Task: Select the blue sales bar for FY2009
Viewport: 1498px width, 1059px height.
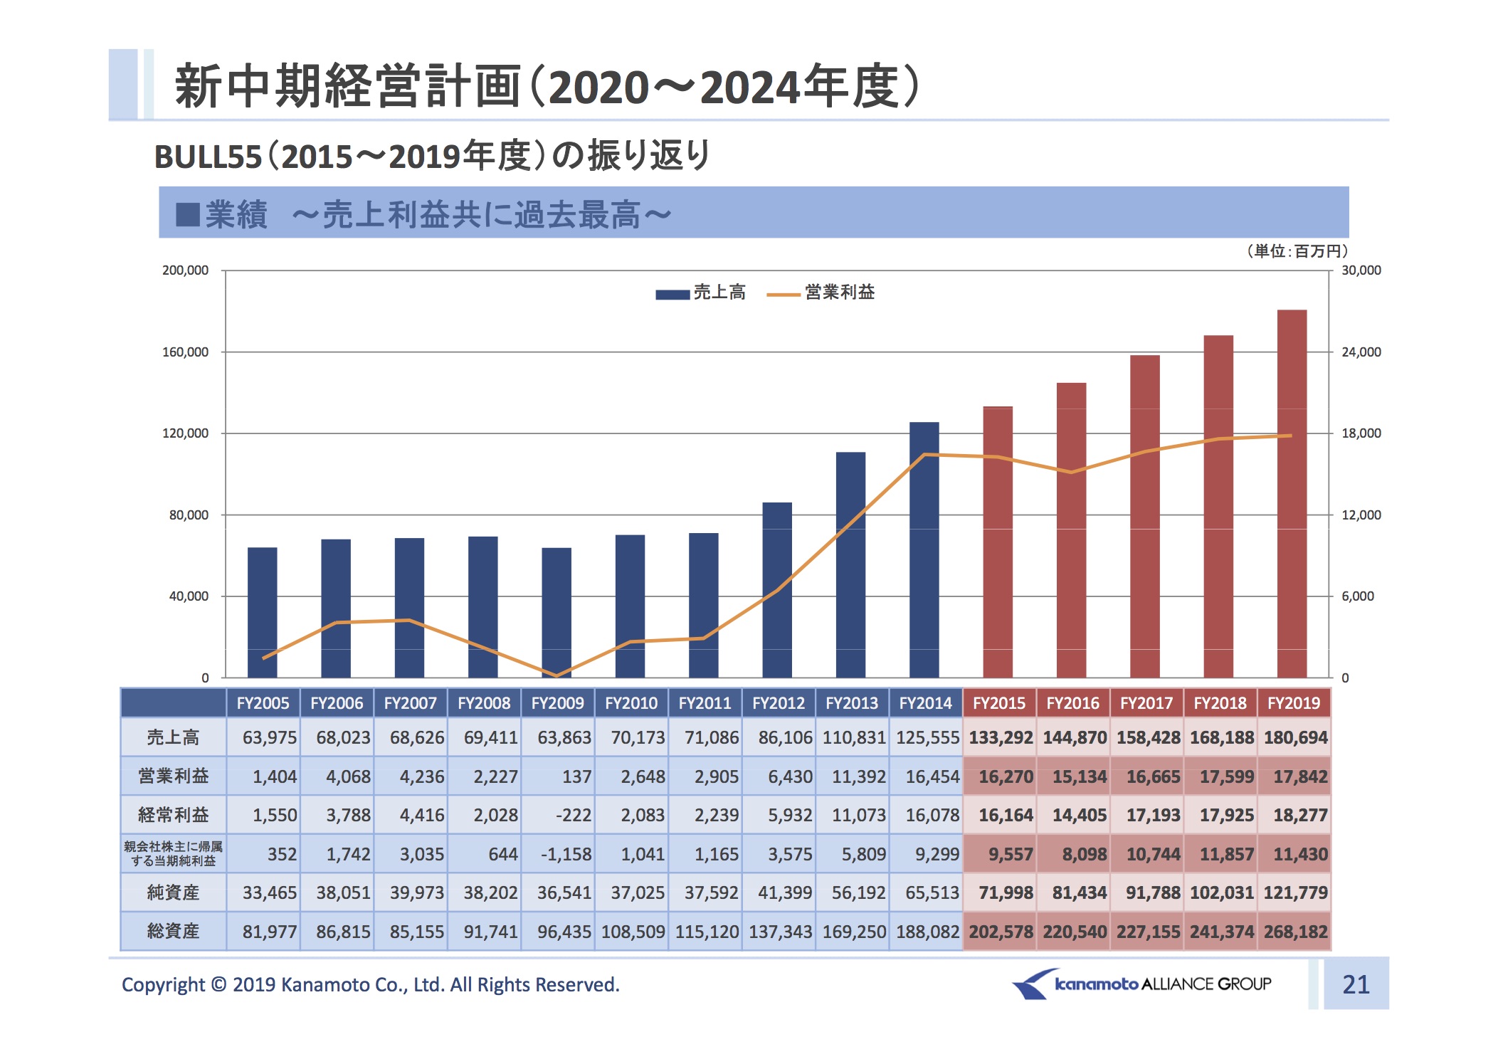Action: tap(556, 612)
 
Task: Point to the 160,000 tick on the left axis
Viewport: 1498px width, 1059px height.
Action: tap(186, 352)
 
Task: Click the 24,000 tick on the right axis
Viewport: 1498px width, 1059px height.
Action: tap(1361, 352)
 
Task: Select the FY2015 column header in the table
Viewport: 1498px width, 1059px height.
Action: tap(999, 703)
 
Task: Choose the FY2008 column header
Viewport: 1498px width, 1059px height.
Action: tap(484, 703)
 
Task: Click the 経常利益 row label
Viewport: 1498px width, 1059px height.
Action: tap(173, 815)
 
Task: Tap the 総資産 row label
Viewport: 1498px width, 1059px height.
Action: tap(173, 932)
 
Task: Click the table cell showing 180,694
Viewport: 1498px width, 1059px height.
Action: tap(1295, 738)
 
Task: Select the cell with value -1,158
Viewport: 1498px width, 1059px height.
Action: tap(566, 854)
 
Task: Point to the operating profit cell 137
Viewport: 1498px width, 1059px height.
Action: tap(576, 776)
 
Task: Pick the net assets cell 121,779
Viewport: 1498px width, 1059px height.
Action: tap(1295, 892)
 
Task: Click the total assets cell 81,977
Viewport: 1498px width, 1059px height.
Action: tap(269, 932)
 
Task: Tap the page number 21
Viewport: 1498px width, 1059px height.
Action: tap(1356, 984)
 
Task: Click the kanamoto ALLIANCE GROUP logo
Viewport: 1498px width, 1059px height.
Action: tap(1142, 984)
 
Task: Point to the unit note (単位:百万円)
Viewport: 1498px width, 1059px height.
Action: tap(1297, 251)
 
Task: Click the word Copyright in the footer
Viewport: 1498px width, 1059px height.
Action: tap(163, 985)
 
